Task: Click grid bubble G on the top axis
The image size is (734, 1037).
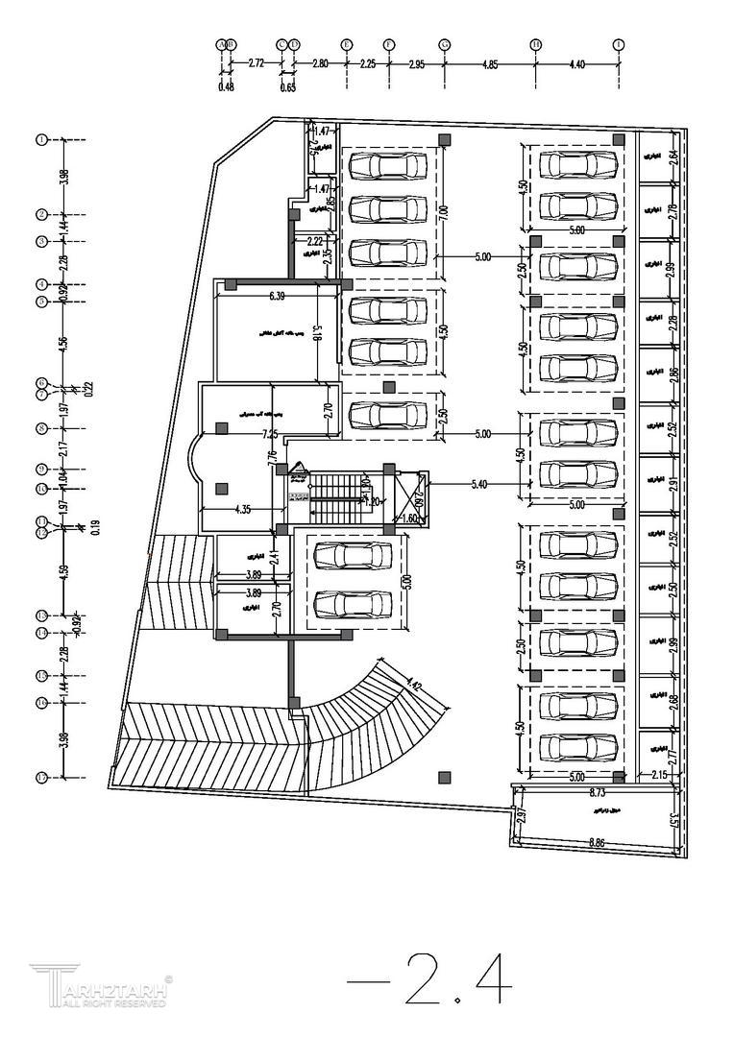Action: coord(445,44)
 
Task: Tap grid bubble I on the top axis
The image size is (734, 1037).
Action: coord(619,44)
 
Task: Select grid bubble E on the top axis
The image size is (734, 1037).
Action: coord(346,44)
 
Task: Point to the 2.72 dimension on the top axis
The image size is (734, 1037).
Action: coord(256,63)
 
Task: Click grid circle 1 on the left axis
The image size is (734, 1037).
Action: coord(41,139)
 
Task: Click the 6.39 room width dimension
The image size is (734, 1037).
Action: coord(277,296)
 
